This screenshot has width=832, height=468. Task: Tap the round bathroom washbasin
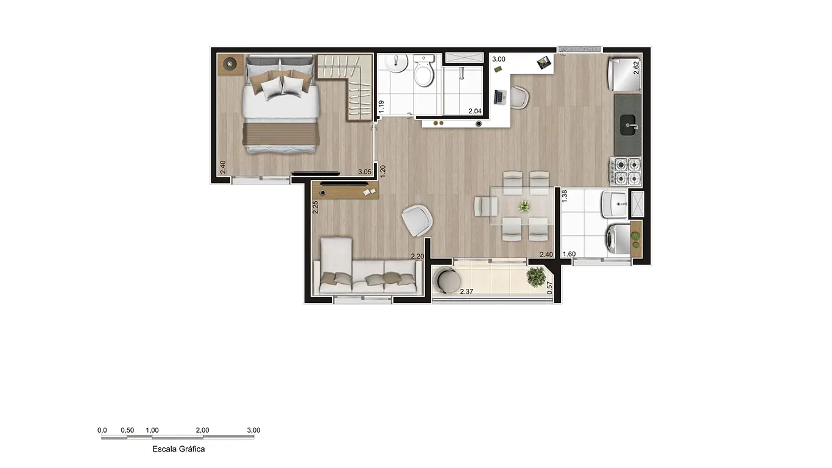click(x=397, y=63)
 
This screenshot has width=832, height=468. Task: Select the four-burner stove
click(x=626, y=171)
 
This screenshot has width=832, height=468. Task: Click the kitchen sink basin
click(x=628, y=125)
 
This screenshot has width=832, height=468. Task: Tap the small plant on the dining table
click(x=524, y=206)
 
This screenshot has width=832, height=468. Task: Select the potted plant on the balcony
click(x=536, y=277)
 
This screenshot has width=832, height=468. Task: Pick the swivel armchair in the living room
click(x=417, y=220)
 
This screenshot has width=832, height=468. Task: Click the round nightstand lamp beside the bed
click(x=230, y=64)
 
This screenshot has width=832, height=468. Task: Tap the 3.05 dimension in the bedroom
click(x=365, y=172)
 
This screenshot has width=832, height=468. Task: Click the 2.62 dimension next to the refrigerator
click(x=636, y=68)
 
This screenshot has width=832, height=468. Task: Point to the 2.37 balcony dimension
click(x=467, y=291)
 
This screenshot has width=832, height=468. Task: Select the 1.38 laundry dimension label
click(x=565, y=196)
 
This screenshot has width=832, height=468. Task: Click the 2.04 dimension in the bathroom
click(x=475, y=111)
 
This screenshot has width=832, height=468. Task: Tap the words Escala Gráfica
click(x=178, y=448)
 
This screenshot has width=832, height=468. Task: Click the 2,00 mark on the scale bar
click(x=202, y=430)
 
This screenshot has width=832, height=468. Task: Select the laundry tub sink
click(x=615, y=204)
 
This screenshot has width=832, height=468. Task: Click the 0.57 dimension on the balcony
click(x=550, y=288)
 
